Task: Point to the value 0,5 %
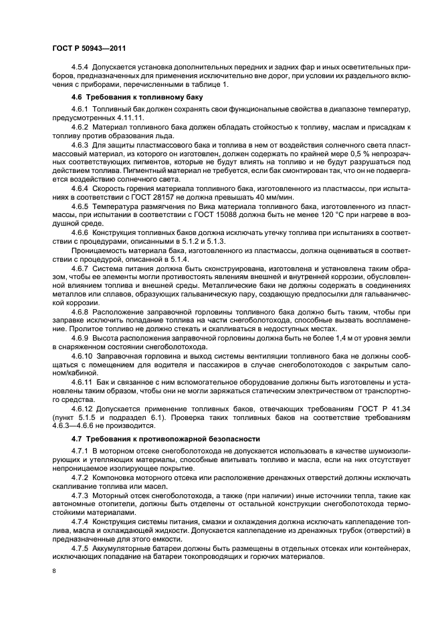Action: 350,154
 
